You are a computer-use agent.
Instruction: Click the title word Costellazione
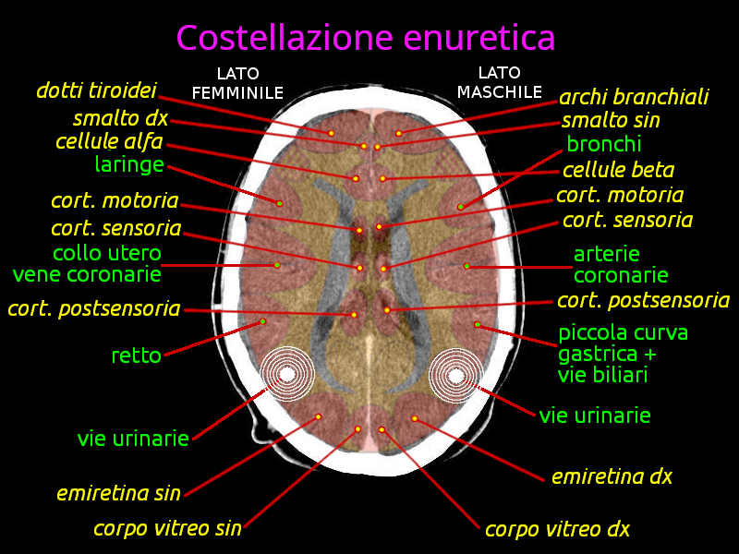285,37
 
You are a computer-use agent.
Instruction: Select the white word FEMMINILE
237,93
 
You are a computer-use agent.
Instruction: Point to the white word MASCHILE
500,91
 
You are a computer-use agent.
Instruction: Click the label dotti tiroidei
96,90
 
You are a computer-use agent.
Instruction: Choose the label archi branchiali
634,97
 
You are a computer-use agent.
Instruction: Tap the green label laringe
129,165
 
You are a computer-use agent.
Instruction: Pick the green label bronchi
604,144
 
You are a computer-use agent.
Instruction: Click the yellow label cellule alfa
109,141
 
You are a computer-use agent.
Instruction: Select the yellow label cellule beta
618,170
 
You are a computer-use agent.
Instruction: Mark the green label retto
136,355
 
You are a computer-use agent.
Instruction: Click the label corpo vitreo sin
167,528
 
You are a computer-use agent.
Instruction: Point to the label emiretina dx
612,476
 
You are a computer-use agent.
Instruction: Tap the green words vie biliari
603,375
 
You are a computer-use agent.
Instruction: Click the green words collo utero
107,253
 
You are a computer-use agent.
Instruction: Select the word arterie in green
607,255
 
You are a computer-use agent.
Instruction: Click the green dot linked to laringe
280,203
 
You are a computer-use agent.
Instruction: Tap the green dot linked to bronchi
460,207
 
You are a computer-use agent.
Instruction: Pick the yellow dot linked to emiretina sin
318,417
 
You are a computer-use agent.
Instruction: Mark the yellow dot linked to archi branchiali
399,133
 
